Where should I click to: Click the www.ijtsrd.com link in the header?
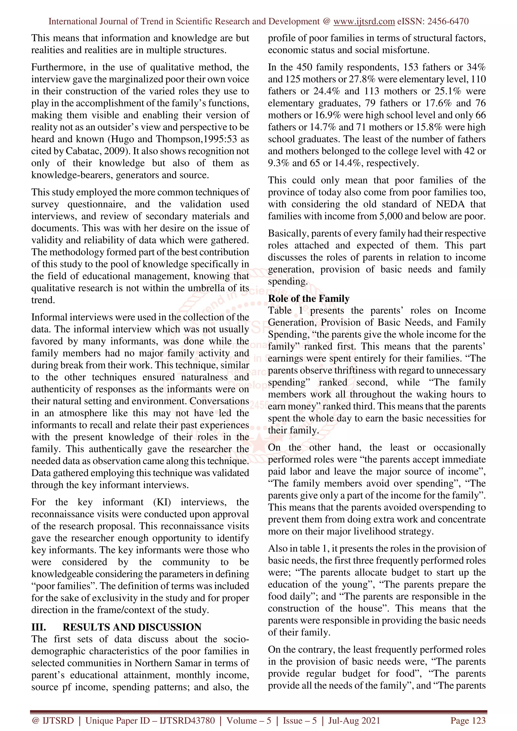pyautogui.click(x=364, y=21)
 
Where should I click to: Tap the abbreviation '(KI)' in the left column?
pyautogui.click(x=162, y=502)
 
